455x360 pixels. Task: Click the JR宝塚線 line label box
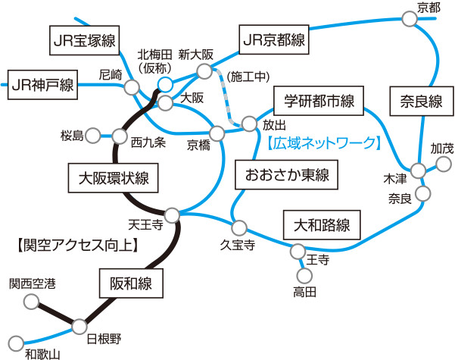tap(83, 40)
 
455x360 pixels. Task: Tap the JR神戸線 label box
tap(42, 83)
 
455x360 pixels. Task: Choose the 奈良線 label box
tap(416, 101)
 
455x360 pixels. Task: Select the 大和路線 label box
tap(322, 224)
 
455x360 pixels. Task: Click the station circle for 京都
tap(410, 22)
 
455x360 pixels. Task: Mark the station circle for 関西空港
tap(32, 302)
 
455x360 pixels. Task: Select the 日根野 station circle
tap(80, 327)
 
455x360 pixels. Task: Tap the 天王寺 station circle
tap(173, 214)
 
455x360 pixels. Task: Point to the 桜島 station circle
tap(92, 136)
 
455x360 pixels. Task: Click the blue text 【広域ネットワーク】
tap(323, 142)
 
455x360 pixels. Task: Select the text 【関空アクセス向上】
tap(76, 244)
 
